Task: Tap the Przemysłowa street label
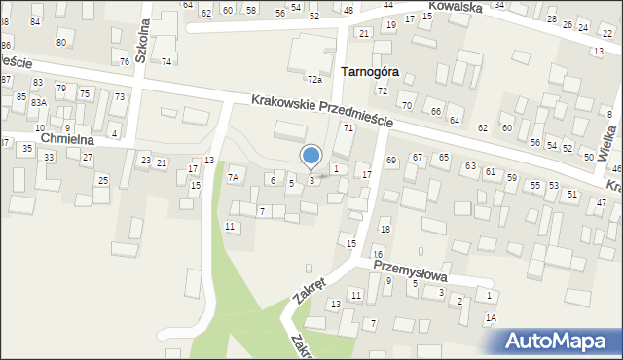point(414,264)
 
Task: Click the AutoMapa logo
point(563,341)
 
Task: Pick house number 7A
point(234,178)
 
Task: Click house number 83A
point(38,102)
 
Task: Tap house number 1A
point(491,318)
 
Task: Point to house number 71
point(347,128)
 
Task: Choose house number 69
point(391,160)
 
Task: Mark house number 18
point(385,229)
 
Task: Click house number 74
point(166,61)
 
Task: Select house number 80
point(61,43)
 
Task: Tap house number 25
point(102,180)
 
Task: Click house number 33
point(49,158)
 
